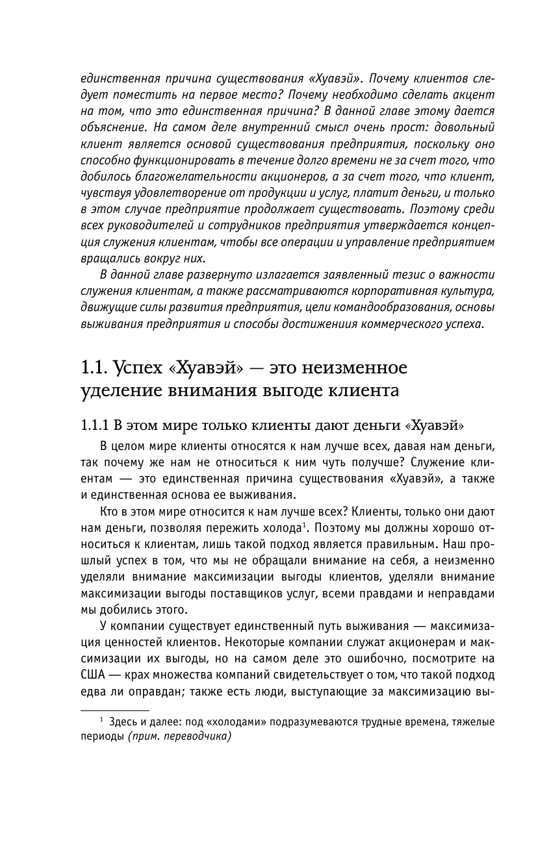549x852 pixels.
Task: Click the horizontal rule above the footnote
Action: click(x=115, y=711)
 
